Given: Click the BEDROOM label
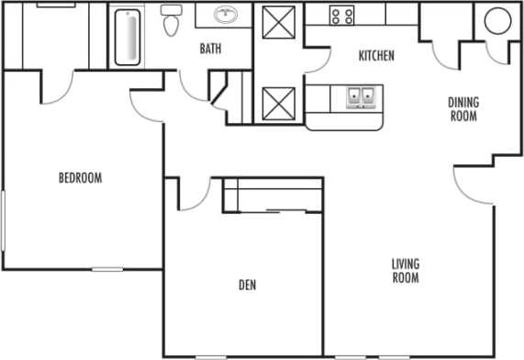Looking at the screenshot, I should tap(80, 178).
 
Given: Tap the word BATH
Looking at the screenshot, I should tap(211, 50).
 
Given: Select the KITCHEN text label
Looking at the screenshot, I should tap(375, 56).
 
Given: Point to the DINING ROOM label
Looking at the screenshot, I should tap(463, 109).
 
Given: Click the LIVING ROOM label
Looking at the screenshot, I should tap(406, 271).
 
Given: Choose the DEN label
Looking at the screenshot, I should tap(247, 286).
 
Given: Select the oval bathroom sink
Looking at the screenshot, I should tap(224, 15).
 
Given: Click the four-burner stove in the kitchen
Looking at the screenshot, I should tap(342, 15).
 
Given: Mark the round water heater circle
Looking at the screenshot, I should tap(495, 22).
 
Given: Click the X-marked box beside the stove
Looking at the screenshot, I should tap(277, 22).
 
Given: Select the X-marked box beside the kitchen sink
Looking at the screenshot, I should tap(277, 103).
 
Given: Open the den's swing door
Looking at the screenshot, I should tap(193, 195).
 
